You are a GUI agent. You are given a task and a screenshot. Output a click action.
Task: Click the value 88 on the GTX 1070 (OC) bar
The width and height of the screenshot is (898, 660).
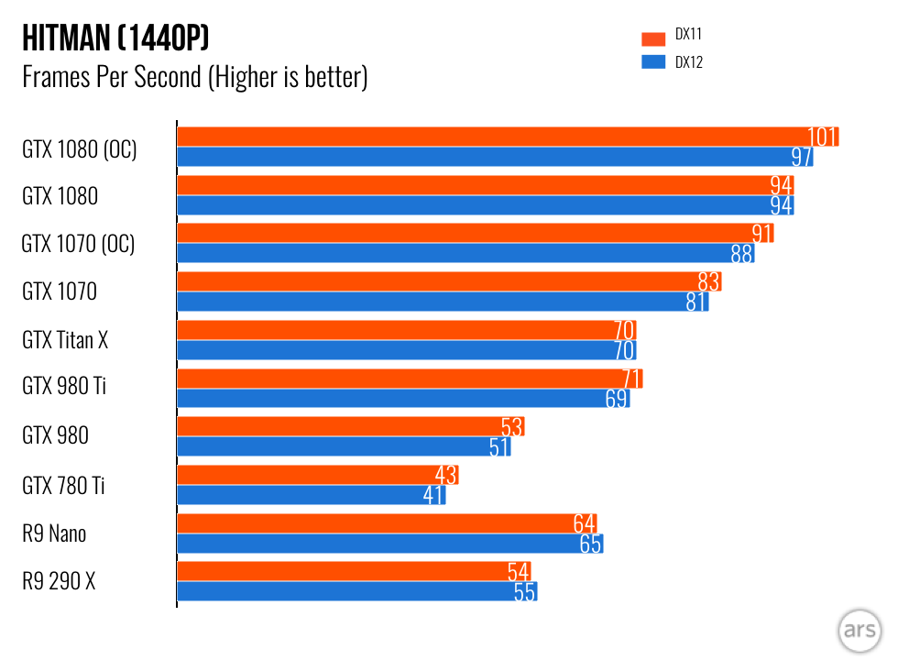tap(741, 253)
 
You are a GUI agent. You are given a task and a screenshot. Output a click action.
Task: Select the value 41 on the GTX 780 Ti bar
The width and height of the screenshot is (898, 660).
tap(433, 496)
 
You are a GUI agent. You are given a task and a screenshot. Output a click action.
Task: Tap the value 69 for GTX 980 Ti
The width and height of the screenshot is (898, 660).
tap(617, 399)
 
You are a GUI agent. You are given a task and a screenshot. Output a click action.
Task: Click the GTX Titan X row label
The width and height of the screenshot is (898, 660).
tap(65, 340)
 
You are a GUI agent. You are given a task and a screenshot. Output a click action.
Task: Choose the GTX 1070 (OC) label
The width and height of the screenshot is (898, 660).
tap(78, 245)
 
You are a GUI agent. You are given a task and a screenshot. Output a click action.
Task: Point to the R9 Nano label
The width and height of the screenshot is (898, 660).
tap(54, 533)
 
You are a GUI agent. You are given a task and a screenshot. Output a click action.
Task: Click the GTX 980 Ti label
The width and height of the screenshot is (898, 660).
tap(64, 387)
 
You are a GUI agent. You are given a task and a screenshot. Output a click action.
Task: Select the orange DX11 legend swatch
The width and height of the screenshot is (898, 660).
tap(652, 38)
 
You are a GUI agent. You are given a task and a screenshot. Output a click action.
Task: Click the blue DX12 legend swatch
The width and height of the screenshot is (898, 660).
tap(652, 62)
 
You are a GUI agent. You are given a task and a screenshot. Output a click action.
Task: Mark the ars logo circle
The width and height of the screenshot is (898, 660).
tap(859, 632)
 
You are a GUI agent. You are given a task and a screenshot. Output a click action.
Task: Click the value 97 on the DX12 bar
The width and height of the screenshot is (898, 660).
tap(802, 157)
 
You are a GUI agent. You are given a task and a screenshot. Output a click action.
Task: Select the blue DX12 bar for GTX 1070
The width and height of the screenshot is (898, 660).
tap(440, 301)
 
